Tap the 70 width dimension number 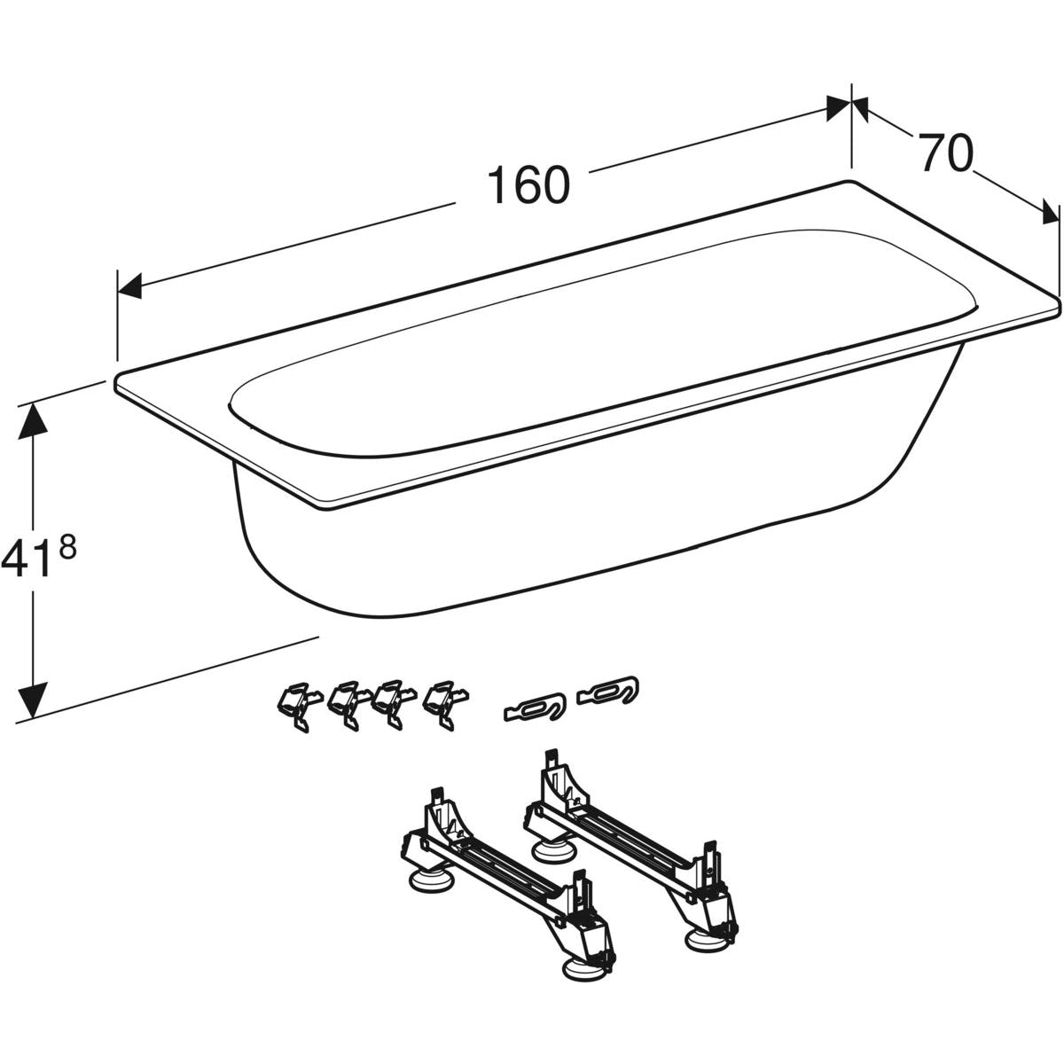[944, 153]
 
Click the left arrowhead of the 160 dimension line [129, 286]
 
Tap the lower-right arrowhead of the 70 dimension [1051, 212]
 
